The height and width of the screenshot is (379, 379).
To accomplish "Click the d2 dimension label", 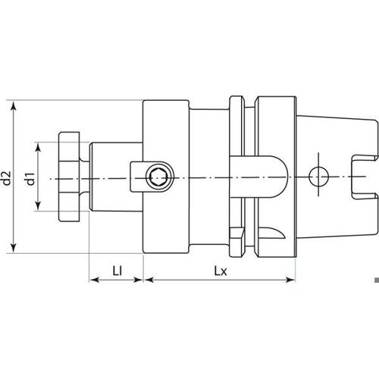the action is (x=7, y=178).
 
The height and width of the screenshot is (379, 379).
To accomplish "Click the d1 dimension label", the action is (x=30, y=179).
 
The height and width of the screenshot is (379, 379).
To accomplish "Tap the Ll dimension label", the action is (x=117, y=271).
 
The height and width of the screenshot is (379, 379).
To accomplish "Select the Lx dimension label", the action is (x=221, y=271).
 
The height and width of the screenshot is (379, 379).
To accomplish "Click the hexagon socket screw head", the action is (x=160, y=177).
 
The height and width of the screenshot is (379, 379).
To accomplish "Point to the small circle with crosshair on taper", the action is (x=318, y=176).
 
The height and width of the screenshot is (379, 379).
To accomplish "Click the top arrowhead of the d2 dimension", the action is (x=14, y=106).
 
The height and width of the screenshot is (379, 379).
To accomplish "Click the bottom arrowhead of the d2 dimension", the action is (x=14, y=248).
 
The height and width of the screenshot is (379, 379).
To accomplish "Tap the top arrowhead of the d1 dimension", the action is (x=38, y=148).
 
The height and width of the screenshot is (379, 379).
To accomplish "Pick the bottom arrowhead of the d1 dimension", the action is (x=38, y=205).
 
